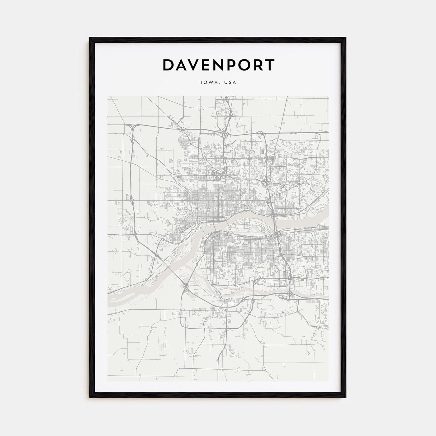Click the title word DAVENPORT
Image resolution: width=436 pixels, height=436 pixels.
(x=218, y=65)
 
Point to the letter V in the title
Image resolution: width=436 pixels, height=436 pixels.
(x=197, y=65)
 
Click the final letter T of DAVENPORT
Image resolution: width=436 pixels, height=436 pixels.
(x=269, y=65)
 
